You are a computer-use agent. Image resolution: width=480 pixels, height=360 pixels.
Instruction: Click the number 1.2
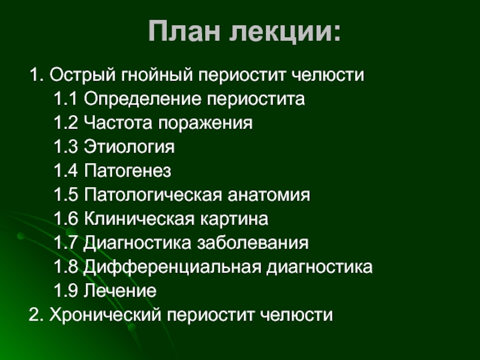(x=65, y=122)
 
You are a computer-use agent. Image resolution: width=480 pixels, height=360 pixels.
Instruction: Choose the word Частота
(x=118, y=122)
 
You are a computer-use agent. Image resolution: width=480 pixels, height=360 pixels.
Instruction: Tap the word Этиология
(x=129, y=146)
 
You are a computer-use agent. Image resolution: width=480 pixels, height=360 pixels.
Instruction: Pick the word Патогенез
(x=127, y=170)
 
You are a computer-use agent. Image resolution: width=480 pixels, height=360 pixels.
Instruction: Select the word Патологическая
(x=153, y=194)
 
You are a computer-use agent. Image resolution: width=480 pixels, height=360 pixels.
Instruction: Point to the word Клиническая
(x=139, y=218)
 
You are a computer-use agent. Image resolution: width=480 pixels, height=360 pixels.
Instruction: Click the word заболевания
(x=253, y=243)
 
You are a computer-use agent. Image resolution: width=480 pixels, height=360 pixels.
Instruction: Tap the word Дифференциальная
(x=172, y=267)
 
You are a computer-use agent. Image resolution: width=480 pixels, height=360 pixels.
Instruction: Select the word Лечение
(x=120, y=290)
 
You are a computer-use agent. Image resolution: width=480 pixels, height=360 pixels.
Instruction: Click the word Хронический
(x=105, y=315)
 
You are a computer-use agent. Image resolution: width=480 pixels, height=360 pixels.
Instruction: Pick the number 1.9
(x=65, y=290)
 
